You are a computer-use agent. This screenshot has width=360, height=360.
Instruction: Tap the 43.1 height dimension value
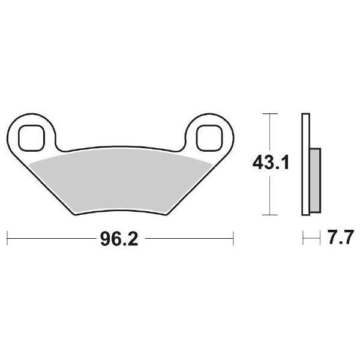point(270,163)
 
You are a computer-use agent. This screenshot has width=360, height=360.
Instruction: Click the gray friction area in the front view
point(120,177)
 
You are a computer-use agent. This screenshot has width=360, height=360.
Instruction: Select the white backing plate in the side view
point(304,162)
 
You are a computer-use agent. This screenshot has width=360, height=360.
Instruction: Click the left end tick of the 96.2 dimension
point(7,239)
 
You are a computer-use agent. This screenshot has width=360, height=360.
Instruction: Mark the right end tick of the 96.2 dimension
point(233,239)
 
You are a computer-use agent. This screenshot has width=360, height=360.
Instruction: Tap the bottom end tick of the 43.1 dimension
point(271,214)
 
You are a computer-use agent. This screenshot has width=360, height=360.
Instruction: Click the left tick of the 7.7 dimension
point(304,239)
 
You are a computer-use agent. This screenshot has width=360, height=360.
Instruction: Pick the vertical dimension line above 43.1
point(271,132)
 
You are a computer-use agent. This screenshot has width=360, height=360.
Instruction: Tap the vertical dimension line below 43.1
point(271,195)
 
